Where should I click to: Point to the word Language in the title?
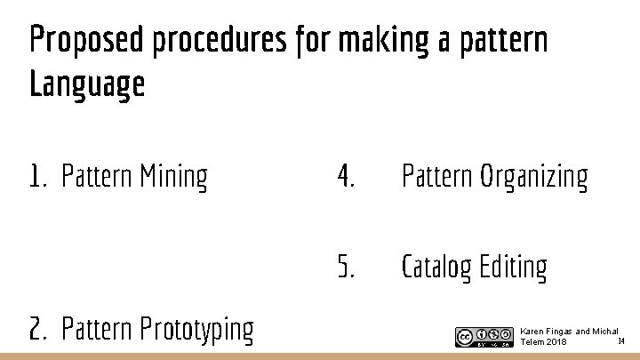87,85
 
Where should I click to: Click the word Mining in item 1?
173,177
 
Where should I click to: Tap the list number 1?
36,177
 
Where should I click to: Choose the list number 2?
37,329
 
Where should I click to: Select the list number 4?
346,177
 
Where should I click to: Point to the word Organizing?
534,177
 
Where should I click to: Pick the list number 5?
346,266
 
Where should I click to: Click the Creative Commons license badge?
484,337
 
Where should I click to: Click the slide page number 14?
621,340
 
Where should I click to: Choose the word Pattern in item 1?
96,177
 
